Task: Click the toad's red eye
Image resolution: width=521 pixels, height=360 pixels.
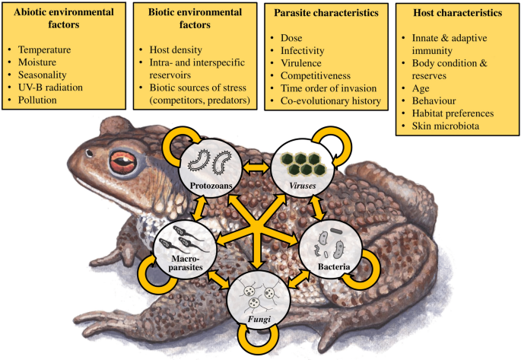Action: (123, 162)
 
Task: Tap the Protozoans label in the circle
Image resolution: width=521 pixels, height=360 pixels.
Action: (211, 186)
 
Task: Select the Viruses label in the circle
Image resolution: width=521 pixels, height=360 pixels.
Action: (303, 186)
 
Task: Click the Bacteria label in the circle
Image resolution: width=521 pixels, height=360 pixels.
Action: (334, 266)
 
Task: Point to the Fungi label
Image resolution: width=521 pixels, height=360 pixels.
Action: (259, 320)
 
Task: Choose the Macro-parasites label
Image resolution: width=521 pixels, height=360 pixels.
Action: (186, 263)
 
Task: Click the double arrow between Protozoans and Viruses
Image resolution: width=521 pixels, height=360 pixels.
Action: (256, 167)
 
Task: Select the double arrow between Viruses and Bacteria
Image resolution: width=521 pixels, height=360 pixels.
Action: (317, 209)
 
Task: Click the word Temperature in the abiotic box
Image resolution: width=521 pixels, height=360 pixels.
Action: (45, 50)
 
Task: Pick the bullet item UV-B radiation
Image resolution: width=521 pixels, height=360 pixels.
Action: (50, 88)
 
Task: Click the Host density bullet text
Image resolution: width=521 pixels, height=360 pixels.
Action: (176, 50)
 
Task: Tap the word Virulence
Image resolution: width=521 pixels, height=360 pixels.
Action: (301, 63)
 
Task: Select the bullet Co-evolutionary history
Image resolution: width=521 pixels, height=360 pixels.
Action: (331, 100)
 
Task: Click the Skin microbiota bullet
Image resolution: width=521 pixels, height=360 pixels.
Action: (446, 126)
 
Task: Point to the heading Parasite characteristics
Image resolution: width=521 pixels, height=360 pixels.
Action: (326, 13)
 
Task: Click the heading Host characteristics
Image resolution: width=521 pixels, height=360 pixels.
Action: (458, 13)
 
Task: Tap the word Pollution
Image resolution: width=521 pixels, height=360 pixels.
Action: (37, 100)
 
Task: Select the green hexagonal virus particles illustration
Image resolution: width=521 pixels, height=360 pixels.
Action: (303, 164)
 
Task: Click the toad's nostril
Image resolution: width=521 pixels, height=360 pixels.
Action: (89, 153)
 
